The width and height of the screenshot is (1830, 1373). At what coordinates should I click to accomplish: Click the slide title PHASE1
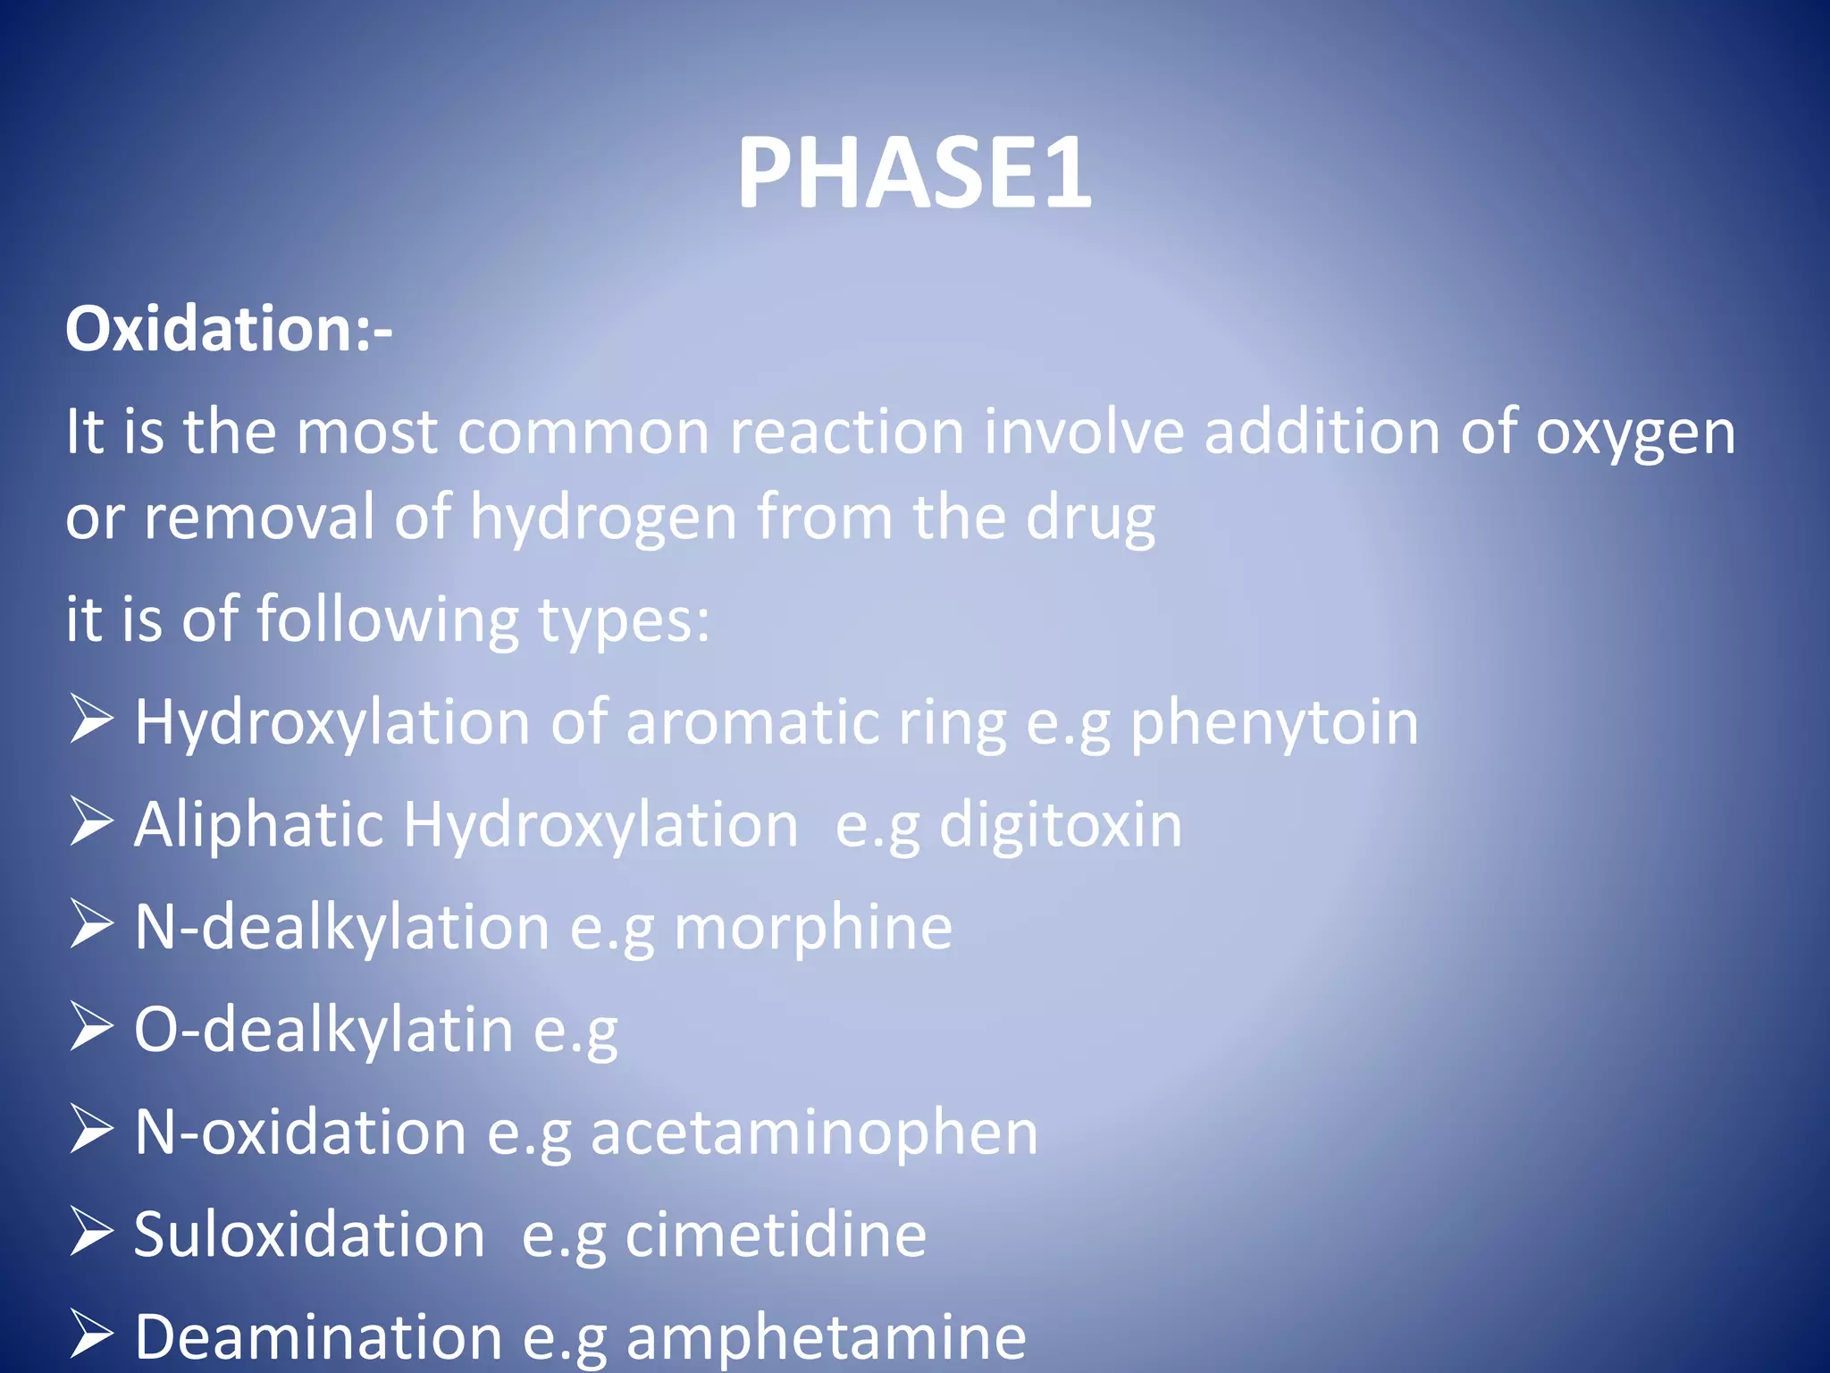(x=913, y=173)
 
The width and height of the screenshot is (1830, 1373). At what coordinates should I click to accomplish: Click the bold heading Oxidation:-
(x=229, y=329)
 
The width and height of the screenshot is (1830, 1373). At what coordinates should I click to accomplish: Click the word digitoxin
(x=1060, y=824)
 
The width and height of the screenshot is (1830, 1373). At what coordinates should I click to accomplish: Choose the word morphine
(x=812, y=927)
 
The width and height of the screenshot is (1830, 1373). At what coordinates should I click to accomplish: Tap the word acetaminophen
(x=814, y=1133)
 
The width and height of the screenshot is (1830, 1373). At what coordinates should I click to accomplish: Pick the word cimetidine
(x=776, y=1235)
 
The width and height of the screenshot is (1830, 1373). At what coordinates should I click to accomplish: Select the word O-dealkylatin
(x=323, y=1030)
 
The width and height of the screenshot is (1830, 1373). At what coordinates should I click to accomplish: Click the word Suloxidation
(x=309, y=1235)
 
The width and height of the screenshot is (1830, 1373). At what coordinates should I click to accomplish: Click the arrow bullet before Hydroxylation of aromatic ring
(x=91, y=720)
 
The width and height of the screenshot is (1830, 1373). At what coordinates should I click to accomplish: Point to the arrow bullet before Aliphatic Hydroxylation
(x=91, y=822)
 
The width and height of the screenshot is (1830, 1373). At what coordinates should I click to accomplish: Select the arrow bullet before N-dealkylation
(x=91, y=925)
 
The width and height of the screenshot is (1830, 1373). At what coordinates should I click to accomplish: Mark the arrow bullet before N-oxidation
(x=91, y=1131)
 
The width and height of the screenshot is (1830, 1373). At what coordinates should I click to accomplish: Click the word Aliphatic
(x=258, y=824)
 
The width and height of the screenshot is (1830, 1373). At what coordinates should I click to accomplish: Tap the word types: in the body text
(x=624, y=619)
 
